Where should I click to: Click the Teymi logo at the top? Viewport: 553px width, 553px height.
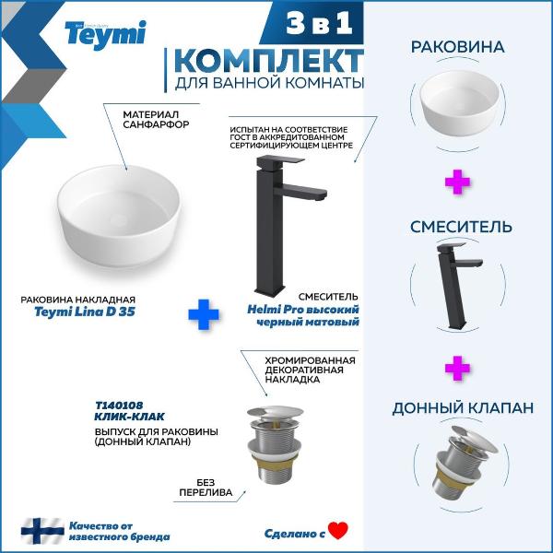click(x=105, y=34)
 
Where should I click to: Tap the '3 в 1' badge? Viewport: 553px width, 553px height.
click(x=319, y=23)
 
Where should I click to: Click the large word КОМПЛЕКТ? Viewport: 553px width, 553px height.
click(x=269, y=61)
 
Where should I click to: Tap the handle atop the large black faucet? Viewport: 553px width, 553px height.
click(x=280, y=160)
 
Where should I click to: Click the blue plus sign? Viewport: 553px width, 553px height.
click(x=204, y=314)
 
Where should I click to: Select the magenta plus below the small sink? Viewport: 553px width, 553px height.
click(x=457, y=182)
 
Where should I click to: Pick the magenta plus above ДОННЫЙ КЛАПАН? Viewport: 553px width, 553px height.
click(x=457, y=368)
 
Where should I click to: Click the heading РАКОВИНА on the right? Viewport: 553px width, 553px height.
click(x=458, y=47)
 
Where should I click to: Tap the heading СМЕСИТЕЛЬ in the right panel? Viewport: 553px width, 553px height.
click(x=461, y=227)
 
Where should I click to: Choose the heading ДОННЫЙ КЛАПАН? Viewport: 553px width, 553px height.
click(x=463, y=408)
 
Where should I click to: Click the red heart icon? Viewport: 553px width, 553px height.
click(x=338, y=531)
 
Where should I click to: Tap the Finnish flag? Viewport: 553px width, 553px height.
click(x=42, y=531)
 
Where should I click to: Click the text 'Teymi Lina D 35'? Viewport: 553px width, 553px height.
click(x=85, y=312)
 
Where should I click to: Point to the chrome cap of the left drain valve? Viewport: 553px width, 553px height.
click(x=275, y=412)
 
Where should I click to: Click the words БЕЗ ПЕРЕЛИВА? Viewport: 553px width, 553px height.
click(x=206, y=488)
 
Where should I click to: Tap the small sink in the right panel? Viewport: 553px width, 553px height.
click(x=459, y=103)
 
